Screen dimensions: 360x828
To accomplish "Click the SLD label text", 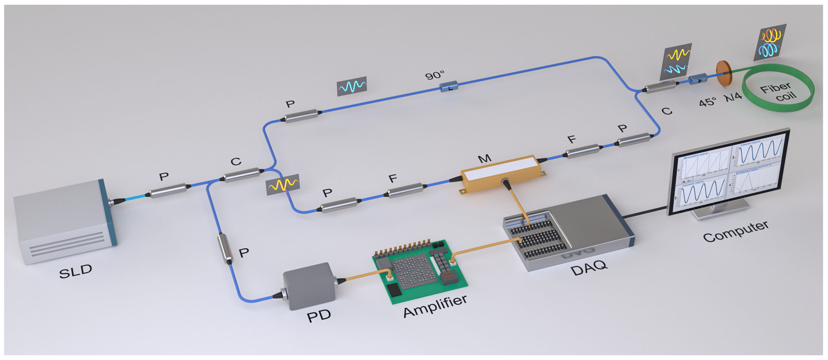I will point(76,272).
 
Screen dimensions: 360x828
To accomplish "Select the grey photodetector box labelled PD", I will point(309,286).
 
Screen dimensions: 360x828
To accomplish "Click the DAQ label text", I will point(589,268).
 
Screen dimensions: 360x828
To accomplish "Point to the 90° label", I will point(435,75).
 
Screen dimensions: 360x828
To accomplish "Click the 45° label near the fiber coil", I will point(707,102).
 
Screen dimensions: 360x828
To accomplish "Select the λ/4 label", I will point(733,96).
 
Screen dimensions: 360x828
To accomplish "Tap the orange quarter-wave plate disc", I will point(724,73).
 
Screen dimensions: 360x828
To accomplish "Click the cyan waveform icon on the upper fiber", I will point(352,86).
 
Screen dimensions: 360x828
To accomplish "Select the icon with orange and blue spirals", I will point(770,42).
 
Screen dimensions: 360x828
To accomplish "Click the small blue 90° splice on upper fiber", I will point(449,86).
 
